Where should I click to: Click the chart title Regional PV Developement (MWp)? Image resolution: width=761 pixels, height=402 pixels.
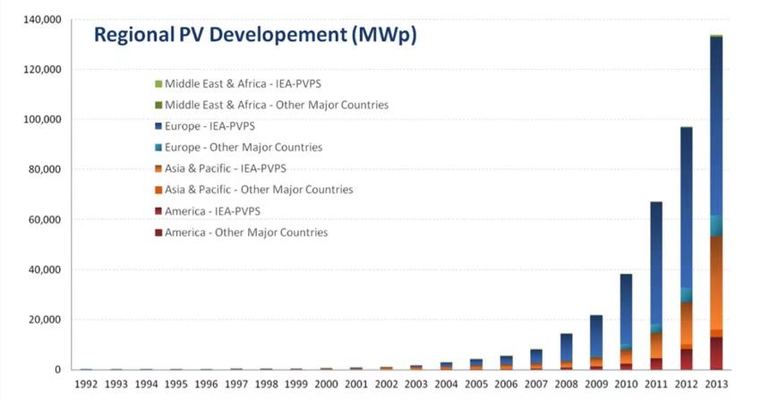(x=255, y=36)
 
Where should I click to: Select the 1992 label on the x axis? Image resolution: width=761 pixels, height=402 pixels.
(x=85, y=384)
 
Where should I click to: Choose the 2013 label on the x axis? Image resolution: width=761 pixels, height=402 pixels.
(x=715, y=384)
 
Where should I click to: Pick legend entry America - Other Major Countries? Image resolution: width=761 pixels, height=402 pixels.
(x=246, y=233)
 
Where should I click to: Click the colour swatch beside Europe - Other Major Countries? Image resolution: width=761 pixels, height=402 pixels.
(x=158, y=148)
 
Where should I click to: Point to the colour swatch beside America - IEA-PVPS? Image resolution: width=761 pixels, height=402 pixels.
(x=158, y=211)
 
